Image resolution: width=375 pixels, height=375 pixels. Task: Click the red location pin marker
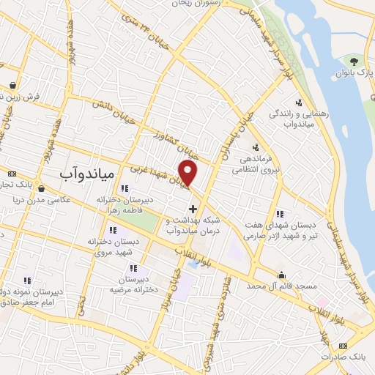tap(189, 174)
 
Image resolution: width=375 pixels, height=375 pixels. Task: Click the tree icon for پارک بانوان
tap(355, 61)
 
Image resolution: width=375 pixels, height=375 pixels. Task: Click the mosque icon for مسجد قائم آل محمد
tap(282, 275)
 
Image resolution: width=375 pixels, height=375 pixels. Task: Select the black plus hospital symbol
tap(193, 209)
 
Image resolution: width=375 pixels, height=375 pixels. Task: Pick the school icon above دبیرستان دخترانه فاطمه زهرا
tap(133, 189)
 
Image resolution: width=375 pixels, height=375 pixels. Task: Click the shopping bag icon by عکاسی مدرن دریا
tap(40, 188)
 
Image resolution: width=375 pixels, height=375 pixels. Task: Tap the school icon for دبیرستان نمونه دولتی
tap(27, 279)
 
